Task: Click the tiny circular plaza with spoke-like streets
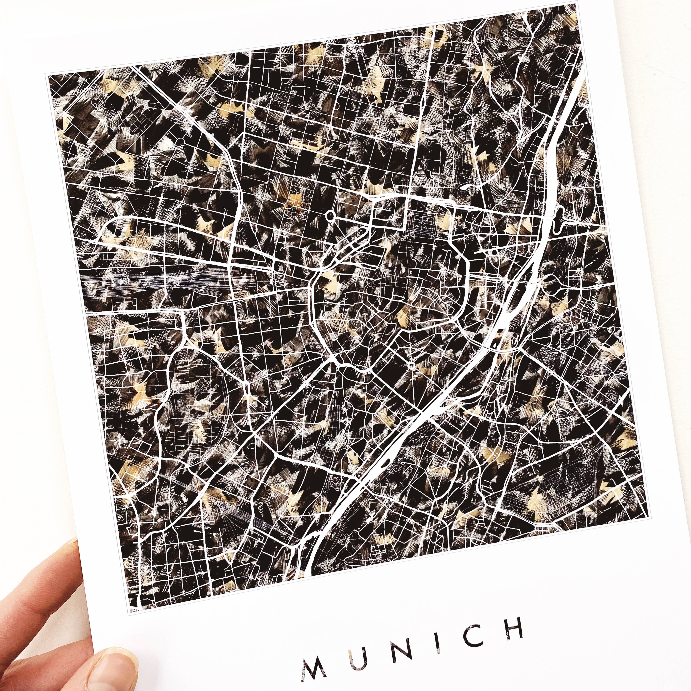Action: tap(411, 365)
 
